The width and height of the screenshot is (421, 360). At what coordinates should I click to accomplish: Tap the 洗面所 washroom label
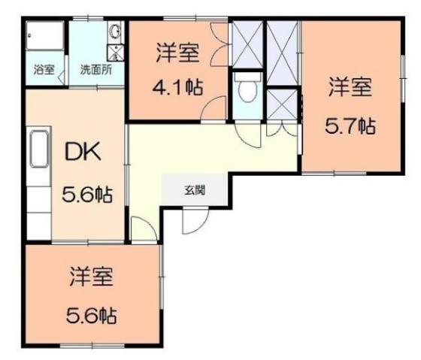(97, 71)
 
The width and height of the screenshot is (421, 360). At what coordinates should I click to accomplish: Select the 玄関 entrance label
(194, 189)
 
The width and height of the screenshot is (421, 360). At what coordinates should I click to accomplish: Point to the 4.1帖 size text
(178, 86)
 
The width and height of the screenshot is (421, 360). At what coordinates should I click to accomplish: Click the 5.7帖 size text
(350, 126)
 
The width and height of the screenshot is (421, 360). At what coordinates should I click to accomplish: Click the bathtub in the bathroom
(44, 38)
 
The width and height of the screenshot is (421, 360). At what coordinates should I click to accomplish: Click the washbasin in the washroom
(115, 32)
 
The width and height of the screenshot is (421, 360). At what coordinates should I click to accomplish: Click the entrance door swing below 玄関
(193, 219)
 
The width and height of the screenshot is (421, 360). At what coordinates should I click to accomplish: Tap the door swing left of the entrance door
(141, 227)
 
